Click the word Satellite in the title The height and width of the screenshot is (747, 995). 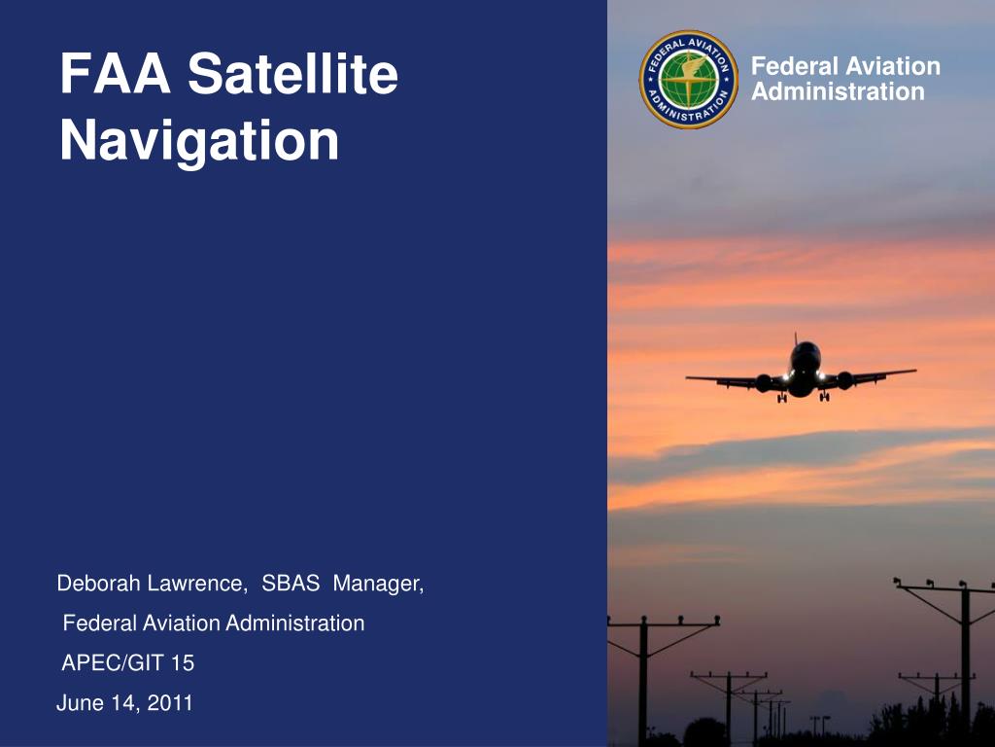[292, 75]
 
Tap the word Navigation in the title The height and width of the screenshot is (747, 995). [199, 141]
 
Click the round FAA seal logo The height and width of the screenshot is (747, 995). [689, 80]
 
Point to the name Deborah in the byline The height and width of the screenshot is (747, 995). [99, 584]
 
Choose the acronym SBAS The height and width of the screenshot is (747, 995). [291, 584]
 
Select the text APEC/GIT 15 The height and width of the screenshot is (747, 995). [128, 663]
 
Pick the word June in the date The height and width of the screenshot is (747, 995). [78, 703]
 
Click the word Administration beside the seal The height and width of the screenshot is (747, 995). [838, 92]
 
